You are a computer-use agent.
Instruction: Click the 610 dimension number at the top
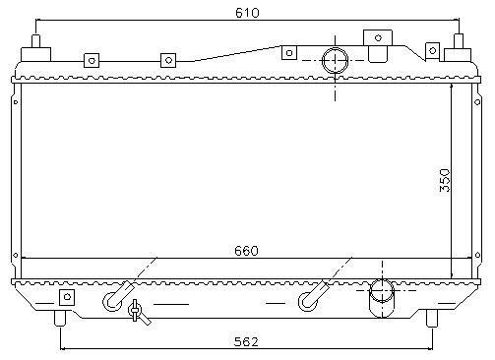(x=247, y=13)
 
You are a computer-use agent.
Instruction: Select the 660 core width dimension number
(x=246, y=251)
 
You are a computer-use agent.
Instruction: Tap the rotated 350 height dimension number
(x=445, y=180)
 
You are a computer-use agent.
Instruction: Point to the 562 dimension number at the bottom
(x=246, y=341)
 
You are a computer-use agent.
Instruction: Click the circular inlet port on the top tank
(x=335, y=61)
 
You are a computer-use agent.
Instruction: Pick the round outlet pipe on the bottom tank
(x=382, y=298)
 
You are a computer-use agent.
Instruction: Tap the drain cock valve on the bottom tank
(x=137, y=311)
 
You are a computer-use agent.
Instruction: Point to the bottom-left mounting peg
(x=60, y=318)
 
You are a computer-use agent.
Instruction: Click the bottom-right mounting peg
(x=432, y=318)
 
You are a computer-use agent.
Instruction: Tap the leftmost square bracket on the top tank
(x=92, y=60)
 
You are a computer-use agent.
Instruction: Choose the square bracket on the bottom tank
(x=67, y=297)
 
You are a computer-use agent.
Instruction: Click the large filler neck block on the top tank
(x=378, y=45)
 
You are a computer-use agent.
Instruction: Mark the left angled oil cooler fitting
(x=117, y=296)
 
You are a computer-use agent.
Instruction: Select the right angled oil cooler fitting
(x=313, y=297)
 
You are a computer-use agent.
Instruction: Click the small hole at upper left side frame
(x=16, y=102)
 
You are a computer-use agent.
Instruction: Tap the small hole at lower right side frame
(x=477, y=255)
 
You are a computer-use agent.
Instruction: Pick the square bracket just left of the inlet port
(x=289, y=53)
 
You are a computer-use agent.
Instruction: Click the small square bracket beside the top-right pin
(x=432, y=51)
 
